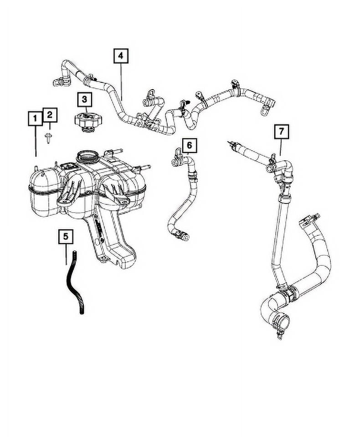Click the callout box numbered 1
[x=35, y=118]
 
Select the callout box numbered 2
[x=50, y=115]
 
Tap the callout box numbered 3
[x=85, y=99]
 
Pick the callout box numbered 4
[x=121, y=56]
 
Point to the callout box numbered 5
[x=66, y=236]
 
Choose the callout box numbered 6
[x=190, y=145]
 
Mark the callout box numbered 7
[x=281, y=131]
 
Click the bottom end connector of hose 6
[x=182, y=236]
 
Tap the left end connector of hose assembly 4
[x=60, y=82]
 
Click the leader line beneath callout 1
[x=36, y=141]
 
